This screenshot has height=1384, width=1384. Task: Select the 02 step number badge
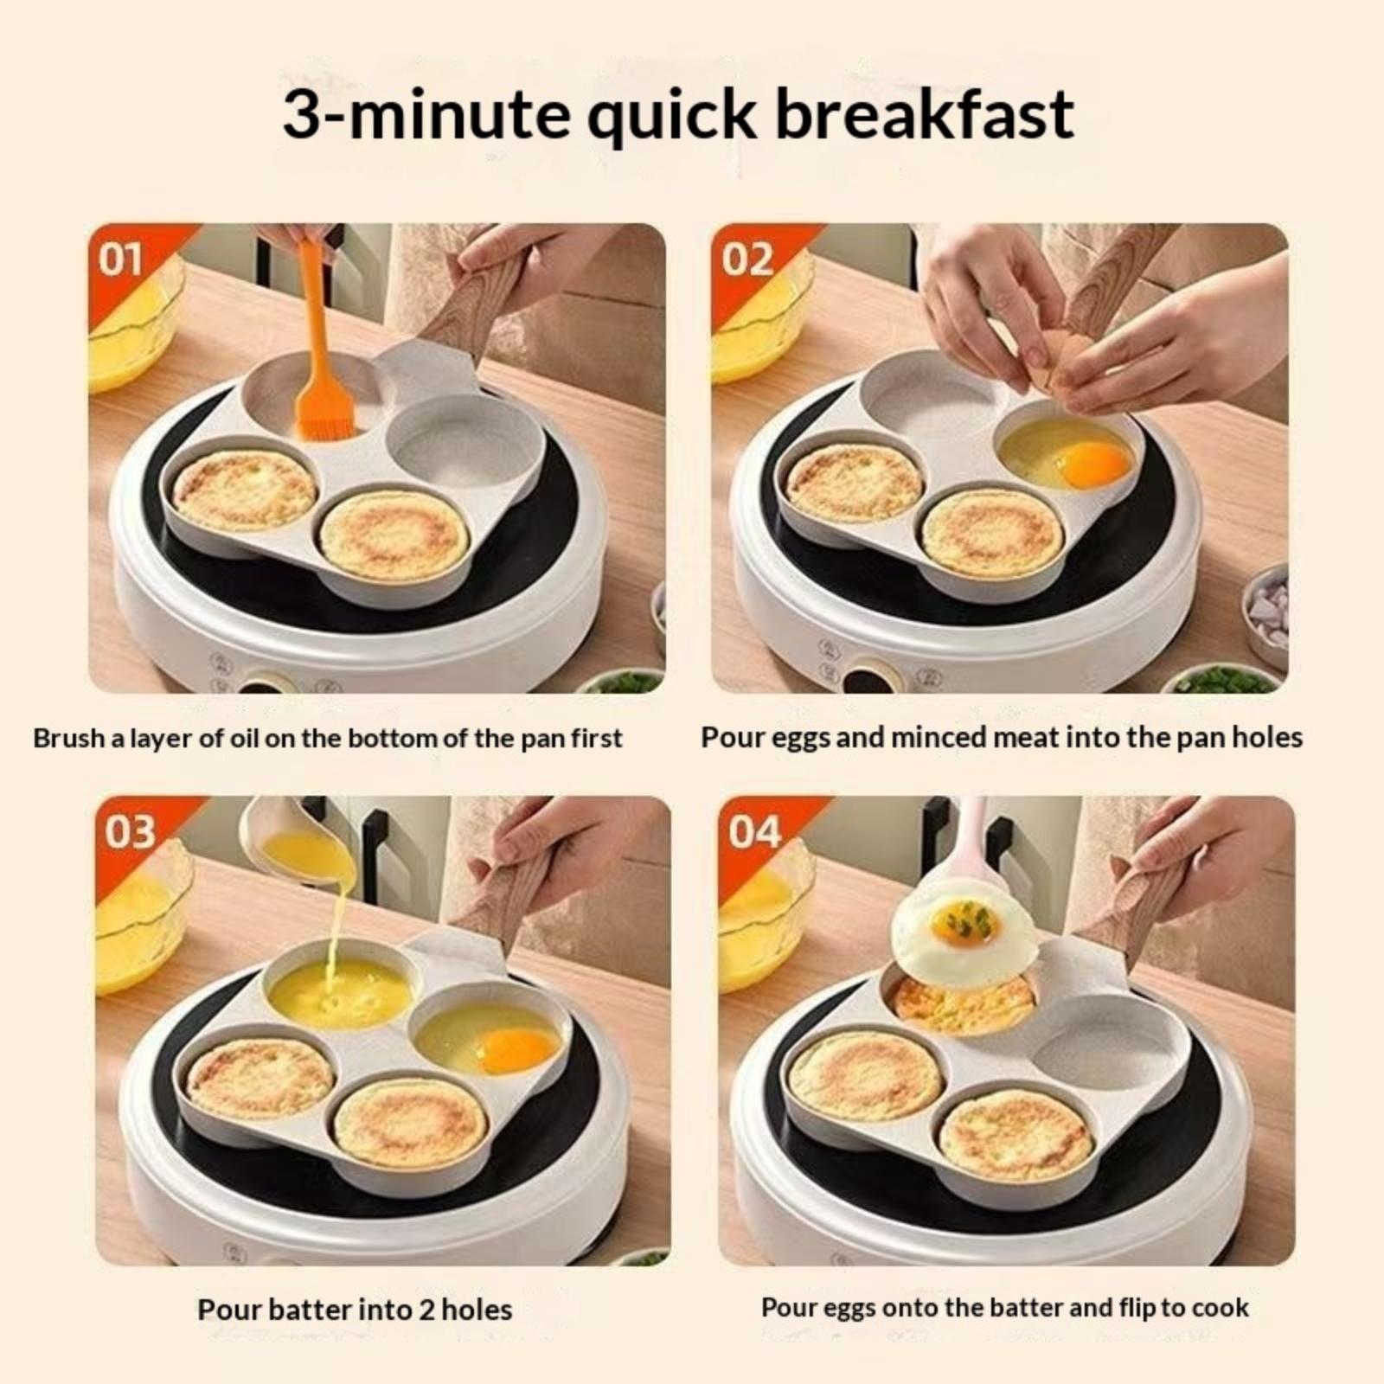pyautogui.click(x=747, y=259)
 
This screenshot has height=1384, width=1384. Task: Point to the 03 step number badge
pyautogui.click(x=130, y=831)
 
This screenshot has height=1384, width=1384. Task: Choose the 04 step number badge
pyautogui.click(x=754, y=831)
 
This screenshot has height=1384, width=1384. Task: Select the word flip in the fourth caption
pyautogui.click(x=1133, y=1308)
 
